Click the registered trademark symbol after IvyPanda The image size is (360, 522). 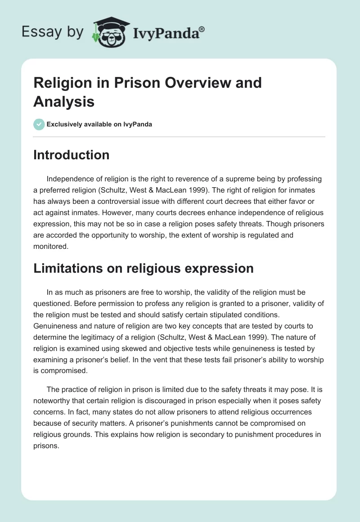coord(202,30)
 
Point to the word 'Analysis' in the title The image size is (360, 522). coord(63,102)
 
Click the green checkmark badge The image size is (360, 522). coord(39,124)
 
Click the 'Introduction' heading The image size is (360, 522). coord(72,155)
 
